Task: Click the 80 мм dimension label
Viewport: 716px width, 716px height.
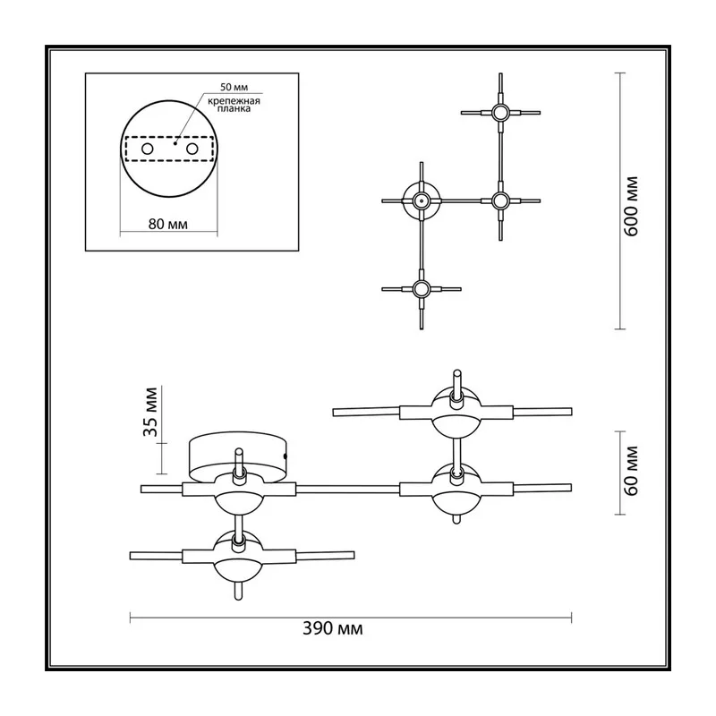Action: (x=167, y=225)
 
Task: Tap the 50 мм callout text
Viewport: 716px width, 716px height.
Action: (x=234, y=87)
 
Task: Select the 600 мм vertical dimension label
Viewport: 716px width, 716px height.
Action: (x=632, y=206)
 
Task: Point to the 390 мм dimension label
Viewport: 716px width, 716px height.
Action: (x=332, y=629)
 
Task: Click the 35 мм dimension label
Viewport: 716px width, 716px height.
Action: (x=151, y=412)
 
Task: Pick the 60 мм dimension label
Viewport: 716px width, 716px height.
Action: (x=632, y=471)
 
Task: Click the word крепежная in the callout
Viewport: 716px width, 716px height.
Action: (x=234, y=101)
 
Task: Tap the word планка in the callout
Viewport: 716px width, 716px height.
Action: (x=234, y=109)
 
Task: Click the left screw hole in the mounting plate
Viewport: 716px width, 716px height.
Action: (x=148, y=149)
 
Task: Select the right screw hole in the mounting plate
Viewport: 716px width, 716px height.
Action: (x=192, y=149)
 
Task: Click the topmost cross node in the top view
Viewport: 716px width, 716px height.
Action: (x=500, y=112)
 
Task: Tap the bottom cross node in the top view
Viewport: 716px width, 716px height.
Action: (x=421, y=288)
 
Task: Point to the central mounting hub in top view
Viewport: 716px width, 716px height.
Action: (x=421, y=200)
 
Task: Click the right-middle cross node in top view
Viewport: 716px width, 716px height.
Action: (x=500, y=200)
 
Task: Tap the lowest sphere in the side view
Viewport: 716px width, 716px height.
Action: (x=238, y=557)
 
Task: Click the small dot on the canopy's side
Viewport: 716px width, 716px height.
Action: (x=286, y=456)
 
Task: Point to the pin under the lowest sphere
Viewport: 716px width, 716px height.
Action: (x=238, y=591)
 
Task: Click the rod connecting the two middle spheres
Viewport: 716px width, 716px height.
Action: (x=347, y=489)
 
